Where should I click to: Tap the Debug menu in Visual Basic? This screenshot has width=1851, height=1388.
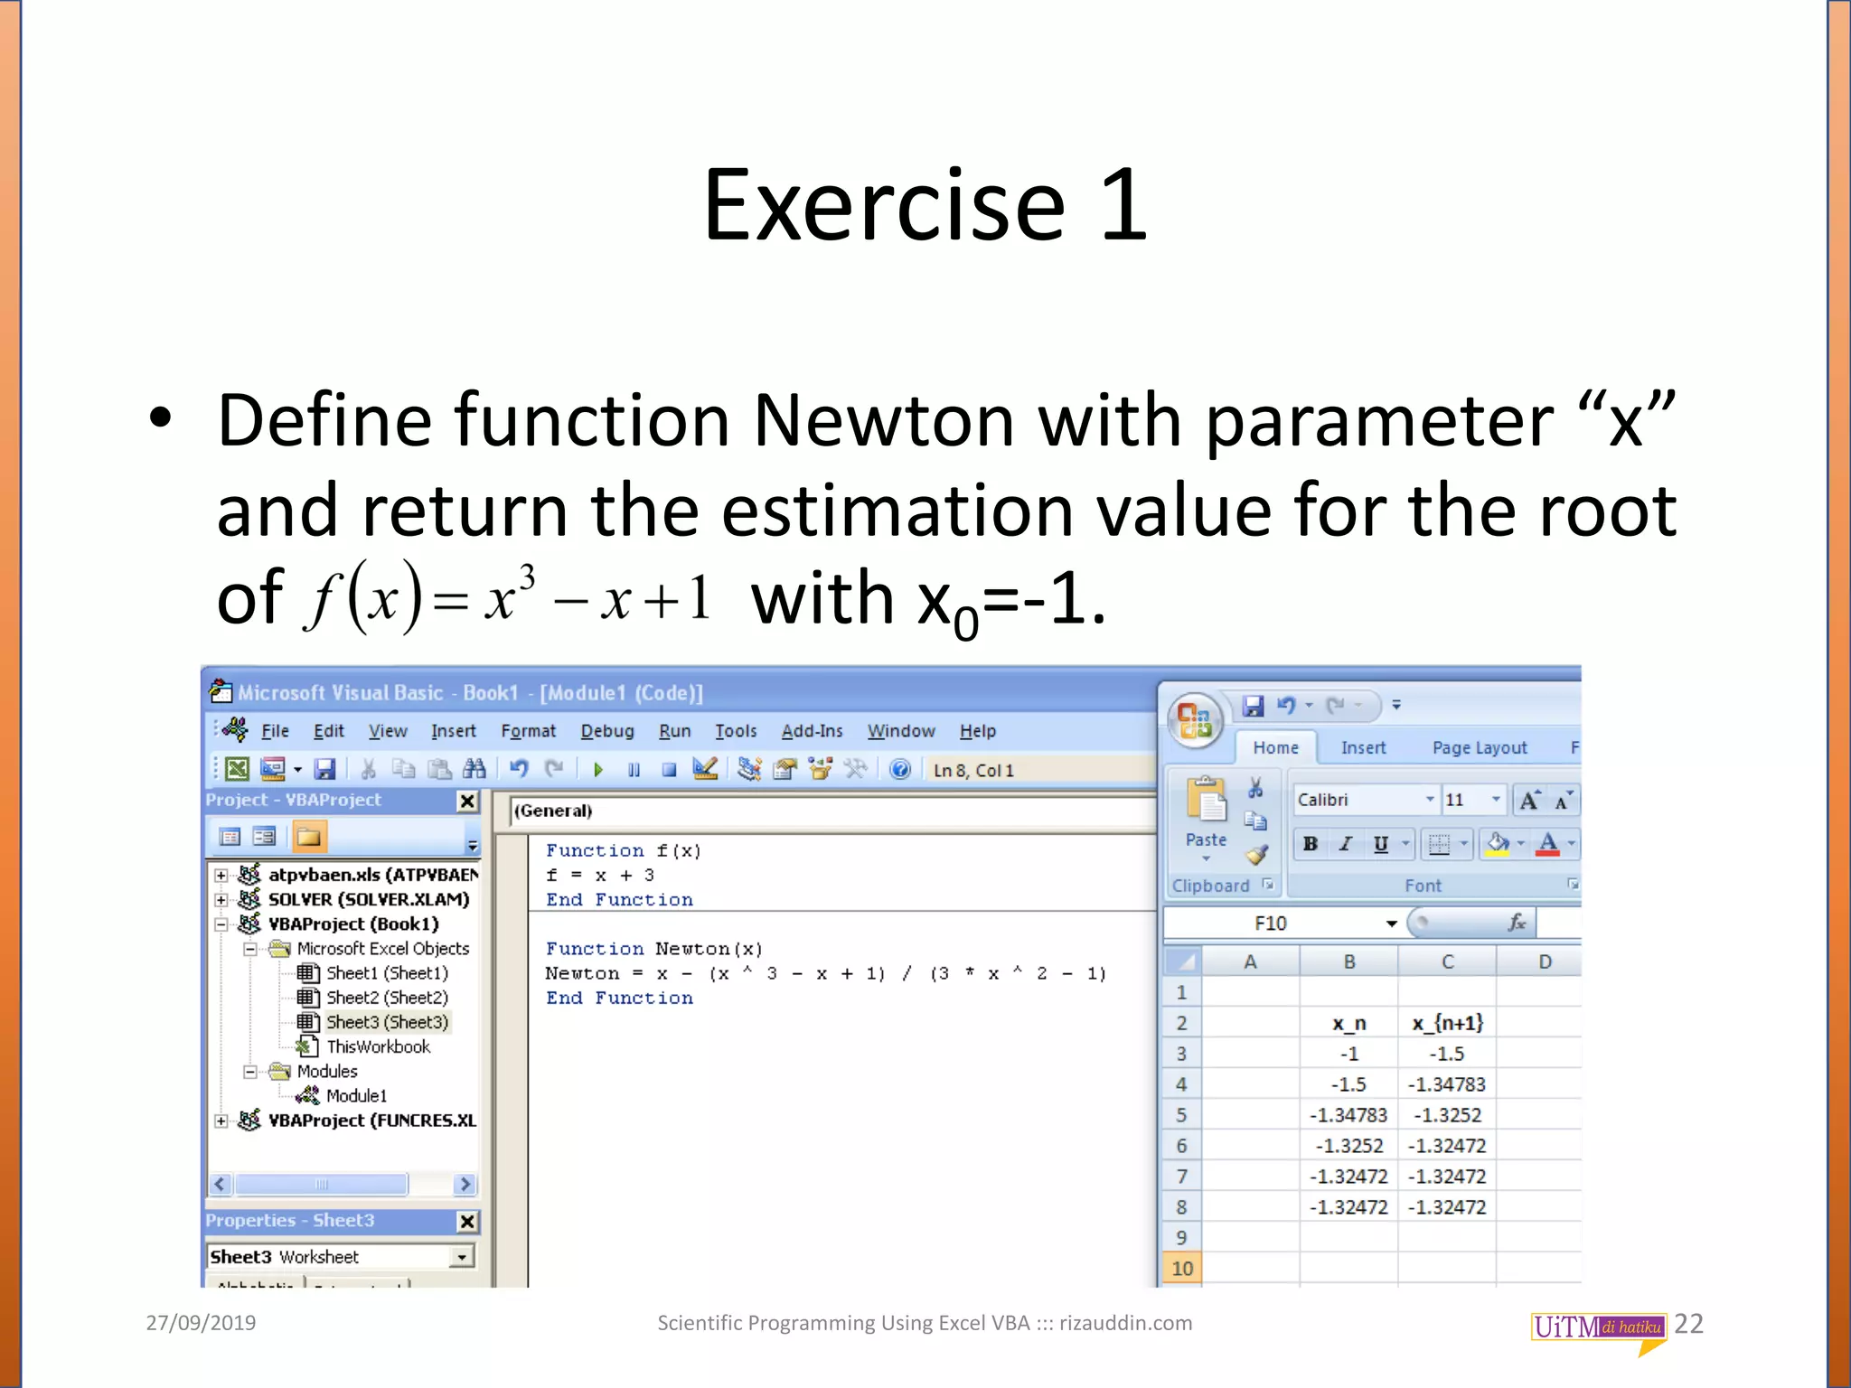tap(606, 731)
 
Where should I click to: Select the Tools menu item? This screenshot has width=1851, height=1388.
tap(736, 731)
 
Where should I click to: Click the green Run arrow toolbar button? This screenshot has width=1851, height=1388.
tap(597, 770)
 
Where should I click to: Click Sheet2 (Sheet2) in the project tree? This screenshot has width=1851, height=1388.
tap(386, 998)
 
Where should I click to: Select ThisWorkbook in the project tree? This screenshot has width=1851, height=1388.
tap(378, 1046)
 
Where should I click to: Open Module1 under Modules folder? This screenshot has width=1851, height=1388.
tap(356, 1095)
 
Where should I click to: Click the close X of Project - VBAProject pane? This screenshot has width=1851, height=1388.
tap(467, 801)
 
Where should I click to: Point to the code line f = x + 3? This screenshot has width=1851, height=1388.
tap(599, 875)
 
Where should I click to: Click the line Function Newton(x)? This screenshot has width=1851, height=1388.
tap(653, 949)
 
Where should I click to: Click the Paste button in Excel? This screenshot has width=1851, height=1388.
tap(1206, 813)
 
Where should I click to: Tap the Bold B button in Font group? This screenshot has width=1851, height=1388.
tap(1310, 844)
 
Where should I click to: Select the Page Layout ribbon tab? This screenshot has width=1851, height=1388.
tap(1479, 748)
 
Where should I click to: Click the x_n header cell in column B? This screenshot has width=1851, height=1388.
tap(1348, 1023)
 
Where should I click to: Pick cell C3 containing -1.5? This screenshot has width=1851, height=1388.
tap(1446, 1054)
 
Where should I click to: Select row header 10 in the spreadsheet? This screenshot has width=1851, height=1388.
tap(1181, 1268)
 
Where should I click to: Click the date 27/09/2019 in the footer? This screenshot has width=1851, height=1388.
tap(201, 1323)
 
